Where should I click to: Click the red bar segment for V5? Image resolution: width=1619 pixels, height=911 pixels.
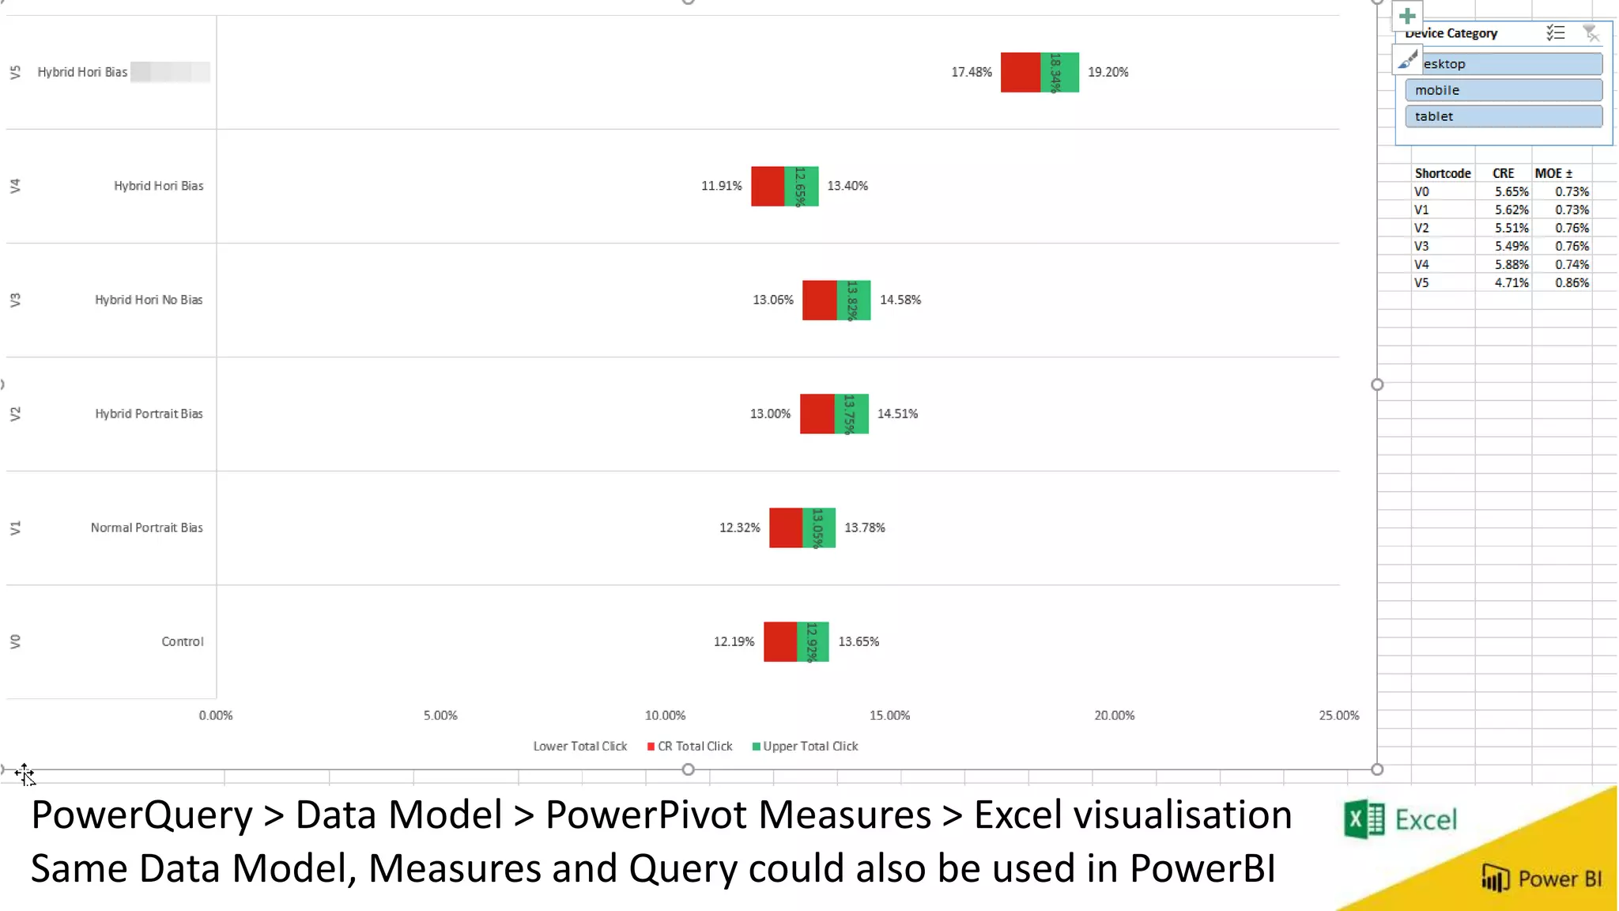click(1020, 72)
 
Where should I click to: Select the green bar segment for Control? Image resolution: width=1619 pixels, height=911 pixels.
click(813, 641)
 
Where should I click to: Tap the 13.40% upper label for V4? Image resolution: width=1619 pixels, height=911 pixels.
click(847, 186)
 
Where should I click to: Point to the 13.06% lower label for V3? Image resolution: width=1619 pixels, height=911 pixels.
click(772, 300)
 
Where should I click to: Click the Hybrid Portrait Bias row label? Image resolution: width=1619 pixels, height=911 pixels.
click(149, 414)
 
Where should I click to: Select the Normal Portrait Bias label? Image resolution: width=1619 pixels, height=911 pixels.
click(146, 527)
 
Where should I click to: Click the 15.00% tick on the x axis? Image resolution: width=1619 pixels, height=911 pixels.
click(889, 716)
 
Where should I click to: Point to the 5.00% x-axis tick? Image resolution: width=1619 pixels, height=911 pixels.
click(440, 716)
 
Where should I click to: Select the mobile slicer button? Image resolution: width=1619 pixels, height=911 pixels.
click(1503, 90)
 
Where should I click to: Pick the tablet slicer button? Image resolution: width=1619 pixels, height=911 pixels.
click(1503, 116)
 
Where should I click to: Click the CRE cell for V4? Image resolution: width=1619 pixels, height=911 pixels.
click(1511, 265)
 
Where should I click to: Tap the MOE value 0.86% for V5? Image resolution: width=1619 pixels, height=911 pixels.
click(1572, 283)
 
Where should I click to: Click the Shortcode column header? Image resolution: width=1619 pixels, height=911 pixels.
click(1442, 173)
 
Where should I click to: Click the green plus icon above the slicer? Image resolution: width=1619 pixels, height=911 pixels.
click(1407, 16)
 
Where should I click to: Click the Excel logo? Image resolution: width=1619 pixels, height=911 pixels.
click(1400, 820)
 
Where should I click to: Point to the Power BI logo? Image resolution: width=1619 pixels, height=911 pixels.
click(1541, 879)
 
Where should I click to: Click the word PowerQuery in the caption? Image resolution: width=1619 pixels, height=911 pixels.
click(142, 815)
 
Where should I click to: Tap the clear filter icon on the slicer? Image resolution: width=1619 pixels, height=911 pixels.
click(1591, 33)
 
